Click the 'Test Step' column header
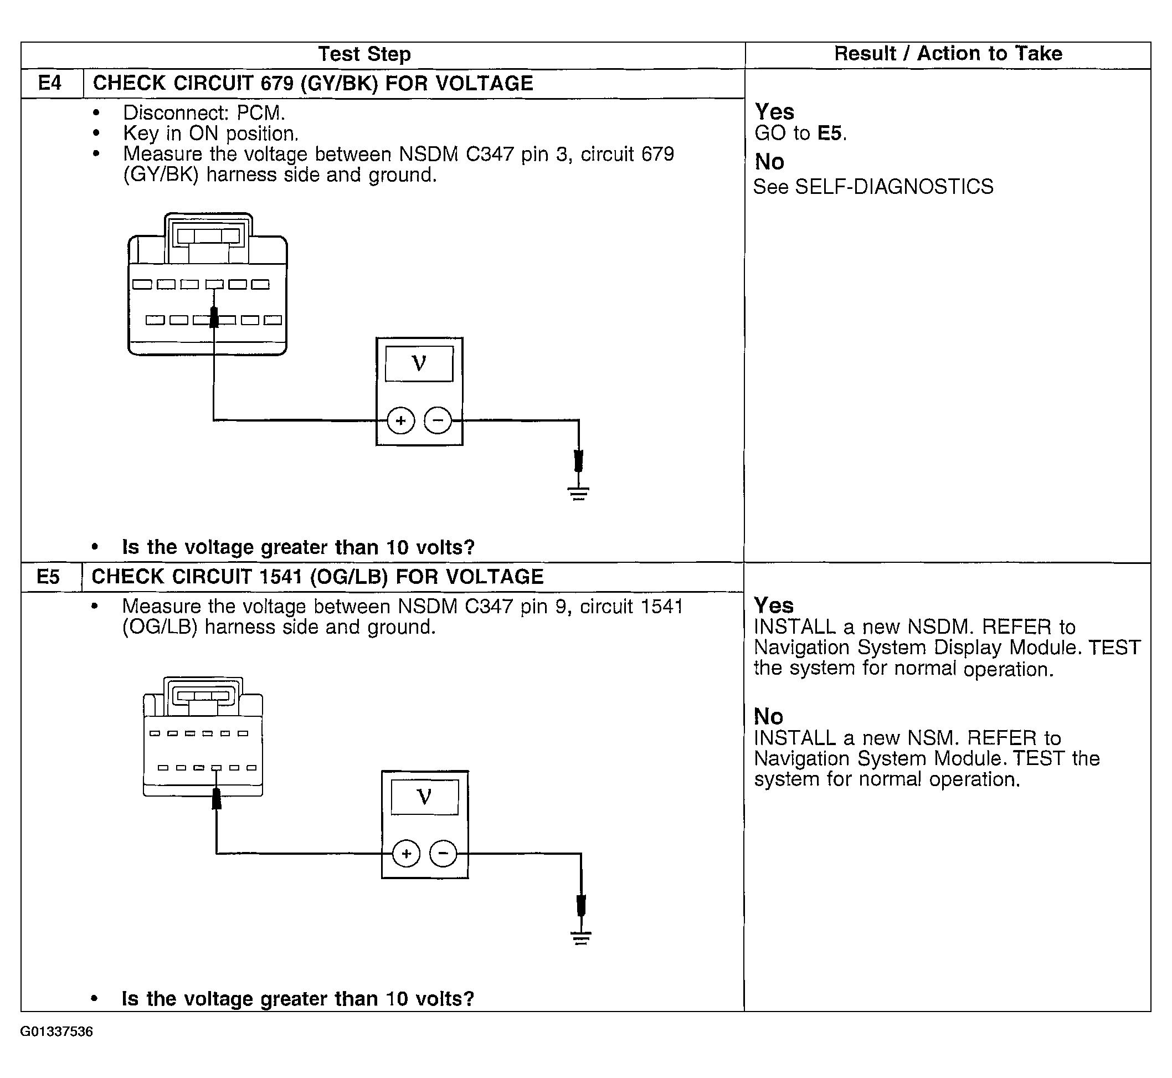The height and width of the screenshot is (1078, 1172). (x=364, y=54)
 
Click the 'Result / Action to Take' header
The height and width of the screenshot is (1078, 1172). (x=948, y=54)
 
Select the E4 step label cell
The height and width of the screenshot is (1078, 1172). (x=50, y=84)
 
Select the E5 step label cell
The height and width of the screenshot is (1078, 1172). (x=48, y=577)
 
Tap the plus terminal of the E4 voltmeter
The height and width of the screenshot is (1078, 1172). (x=401, y=420)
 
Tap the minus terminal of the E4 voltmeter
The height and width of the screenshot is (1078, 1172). (x=438, y=420)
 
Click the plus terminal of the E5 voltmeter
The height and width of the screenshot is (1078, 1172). (x=406, y=854)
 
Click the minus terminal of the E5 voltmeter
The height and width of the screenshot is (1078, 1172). (x=443, y=854)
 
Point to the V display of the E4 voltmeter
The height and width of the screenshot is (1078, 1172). (x=419, y=364)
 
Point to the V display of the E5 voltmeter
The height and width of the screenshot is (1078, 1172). (x=425, y=797)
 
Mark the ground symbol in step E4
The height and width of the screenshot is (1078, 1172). (x=578, y=494)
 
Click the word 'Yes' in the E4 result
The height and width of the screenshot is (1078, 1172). (x=774, y=111)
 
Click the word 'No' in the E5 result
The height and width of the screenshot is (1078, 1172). (x=768, y=716)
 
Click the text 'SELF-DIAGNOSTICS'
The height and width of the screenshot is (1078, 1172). (x=894, y=187)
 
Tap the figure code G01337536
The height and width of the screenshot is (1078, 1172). (x=56, y=1032)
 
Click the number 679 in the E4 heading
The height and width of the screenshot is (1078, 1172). (x=276, y=84)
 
